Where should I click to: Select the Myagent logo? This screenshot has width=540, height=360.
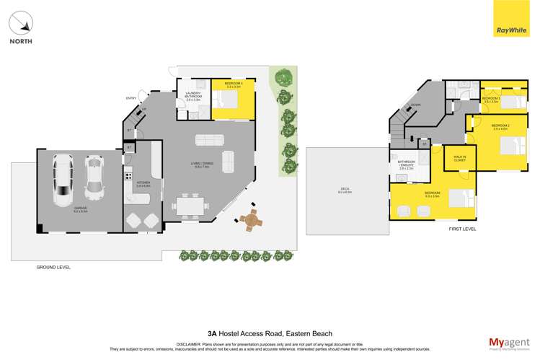508,341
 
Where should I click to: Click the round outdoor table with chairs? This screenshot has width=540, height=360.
250,219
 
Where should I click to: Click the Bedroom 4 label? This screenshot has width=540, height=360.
233,85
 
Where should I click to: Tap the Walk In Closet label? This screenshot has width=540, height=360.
459,158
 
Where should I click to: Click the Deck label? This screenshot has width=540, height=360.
345,190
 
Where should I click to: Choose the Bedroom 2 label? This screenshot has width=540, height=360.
500,127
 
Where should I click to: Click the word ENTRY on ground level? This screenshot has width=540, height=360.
131,98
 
